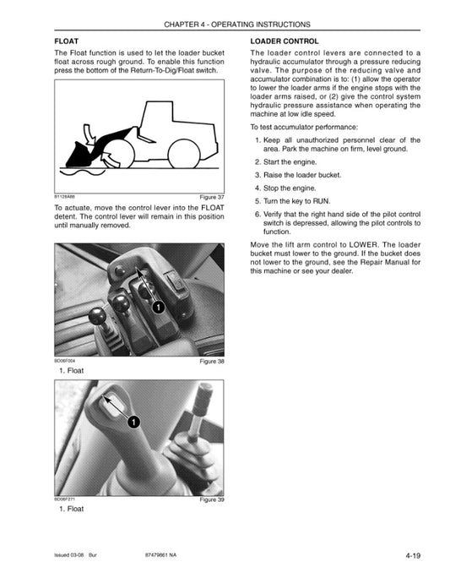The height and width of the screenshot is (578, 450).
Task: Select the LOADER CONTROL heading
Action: coord(285,41)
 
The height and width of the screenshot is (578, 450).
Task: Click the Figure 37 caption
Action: coord(211,197)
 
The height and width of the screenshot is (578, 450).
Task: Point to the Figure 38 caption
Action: coord(211,361)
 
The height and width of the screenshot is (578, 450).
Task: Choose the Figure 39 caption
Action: coord(211,500)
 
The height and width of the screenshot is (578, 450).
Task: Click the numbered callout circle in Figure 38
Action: coord(158,308)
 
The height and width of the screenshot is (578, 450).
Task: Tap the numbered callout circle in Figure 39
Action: coord(133,421)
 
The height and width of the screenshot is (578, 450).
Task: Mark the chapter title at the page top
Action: coord(225,25)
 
